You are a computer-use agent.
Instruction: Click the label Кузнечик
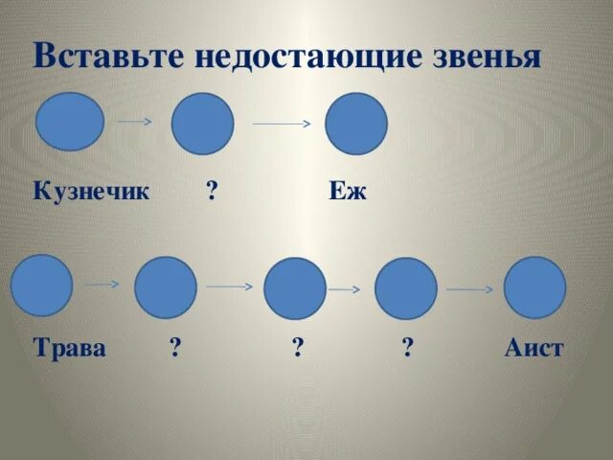pyautogui.click(x=92, y=191)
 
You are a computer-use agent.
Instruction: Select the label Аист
pyautogui.click(x=534, y=347)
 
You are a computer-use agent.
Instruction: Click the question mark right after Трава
pyautogui.click(x=175, y=347)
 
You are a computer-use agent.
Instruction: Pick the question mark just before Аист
pyautogui.click(x=408, y=347)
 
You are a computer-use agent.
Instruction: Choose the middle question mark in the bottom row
pyautogui.click(x=299, y=347)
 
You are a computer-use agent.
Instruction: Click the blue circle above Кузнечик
pyautogui.click(x=70, y=122)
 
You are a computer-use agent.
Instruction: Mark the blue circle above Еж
pyautogui.click(x=356, y=124)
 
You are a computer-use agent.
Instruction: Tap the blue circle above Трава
pyautogui.click(x=41, y=286)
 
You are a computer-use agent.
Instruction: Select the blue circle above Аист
pyautogui.click(x=534, y=287)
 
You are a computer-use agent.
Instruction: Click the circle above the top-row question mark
pyautogui.click(x=202, y=125)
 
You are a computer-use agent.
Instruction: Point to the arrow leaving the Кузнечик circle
pyautogui.click(x=135, y=122)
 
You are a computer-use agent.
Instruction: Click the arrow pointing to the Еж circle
pyautogui.click(x=282, y=124)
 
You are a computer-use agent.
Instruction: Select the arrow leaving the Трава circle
pyautogui.click(x=101, y=285)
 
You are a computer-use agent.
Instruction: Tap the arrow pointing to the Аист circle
pyautogui.click(x=469, y=288)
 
